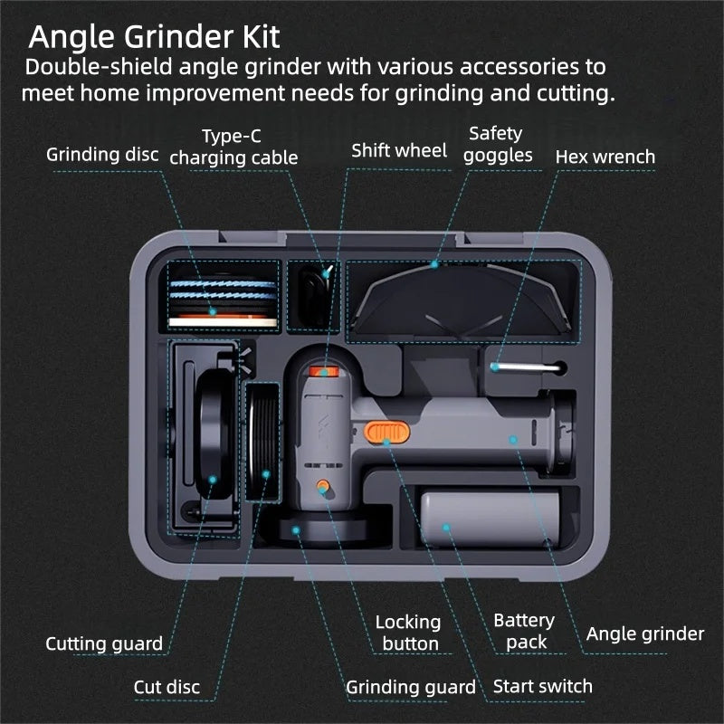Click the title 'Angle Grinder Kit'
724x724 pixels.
tap(154, 37)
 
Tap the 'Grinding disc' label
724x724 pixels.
tap(102, 155)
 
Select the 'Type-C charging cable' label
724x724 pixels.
tap(233, 147)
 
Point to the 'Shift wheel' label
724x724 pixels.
tap(399, 150)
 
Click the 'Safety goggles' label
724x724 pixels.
tap(498, 145)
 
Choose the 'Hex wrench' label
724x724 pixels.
tap(605, 157)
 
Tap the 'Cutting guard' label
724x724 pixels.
tap(104, 643)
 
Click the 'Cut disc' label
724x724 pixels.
tap(167, 687)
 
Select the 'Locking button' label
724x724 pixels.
tap(408, 633)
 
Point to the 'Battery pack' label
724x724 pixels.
tap(524, 631)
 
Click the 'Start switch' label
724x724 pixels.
tap(542, 687)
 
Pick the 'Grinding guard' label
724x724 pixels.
tap(411, 688)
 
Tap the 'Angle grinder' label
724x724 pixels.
tap(645, 634)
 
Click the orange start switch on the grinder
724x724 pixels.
tap(387, 433)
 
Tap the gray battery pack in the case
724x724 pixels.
tap(490, 519)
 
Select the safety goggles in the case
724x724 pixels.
tap(460, 300)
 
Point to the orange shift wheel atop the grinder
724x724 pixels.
tap(324, 371)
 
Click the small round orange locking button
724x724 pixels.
tap(323, 486)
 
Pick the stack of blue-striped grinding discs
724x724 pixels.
tap(223, 300)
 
